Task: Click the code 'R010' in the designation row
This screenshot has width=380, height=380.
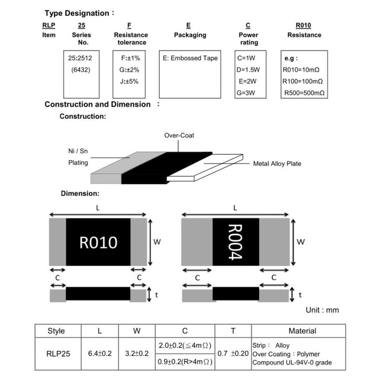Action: click(x=303, y=26)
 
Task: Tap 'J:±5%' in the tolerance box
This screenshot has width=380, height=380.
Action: click(x=129, y=81)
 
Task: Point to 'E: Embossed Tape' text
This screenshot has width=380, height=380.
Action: click(x=191, y=58)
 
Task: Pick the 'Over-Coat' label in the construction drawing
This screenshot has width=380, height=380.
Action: click(x=179, y=135)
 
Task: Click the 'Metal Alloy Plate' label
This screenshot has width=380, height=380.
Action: click(x=277, y=164)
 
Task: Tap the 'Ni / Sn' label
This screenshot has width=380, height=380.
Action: click(x=78, y=151)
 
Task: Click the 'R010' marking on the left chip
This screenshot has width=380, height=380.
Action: click(x=98, y=242)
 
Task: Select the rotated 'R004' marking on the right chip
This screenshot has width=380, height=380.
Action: click(x=235, y=242)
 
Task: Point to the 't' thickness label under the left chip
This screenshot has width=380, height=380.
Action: click(x=157, y=295)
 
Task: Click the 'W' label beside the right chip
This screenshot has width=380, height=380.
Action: click(x=300, y=241)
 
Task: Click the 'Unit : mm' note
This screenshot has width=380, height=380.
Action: click(x=322, y=310)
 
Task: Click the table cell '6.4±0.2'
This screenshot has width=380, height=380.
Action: click(x=100, y=353)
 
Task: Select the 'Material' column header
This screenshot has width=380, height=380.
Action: click(x=302, y=331)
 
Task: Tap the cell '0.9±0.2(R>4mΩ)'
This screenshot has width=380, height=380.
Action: click(x=185, y=362)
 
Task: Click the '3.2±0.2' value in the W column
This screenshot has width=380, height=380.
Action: click(x=137, y=353)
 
